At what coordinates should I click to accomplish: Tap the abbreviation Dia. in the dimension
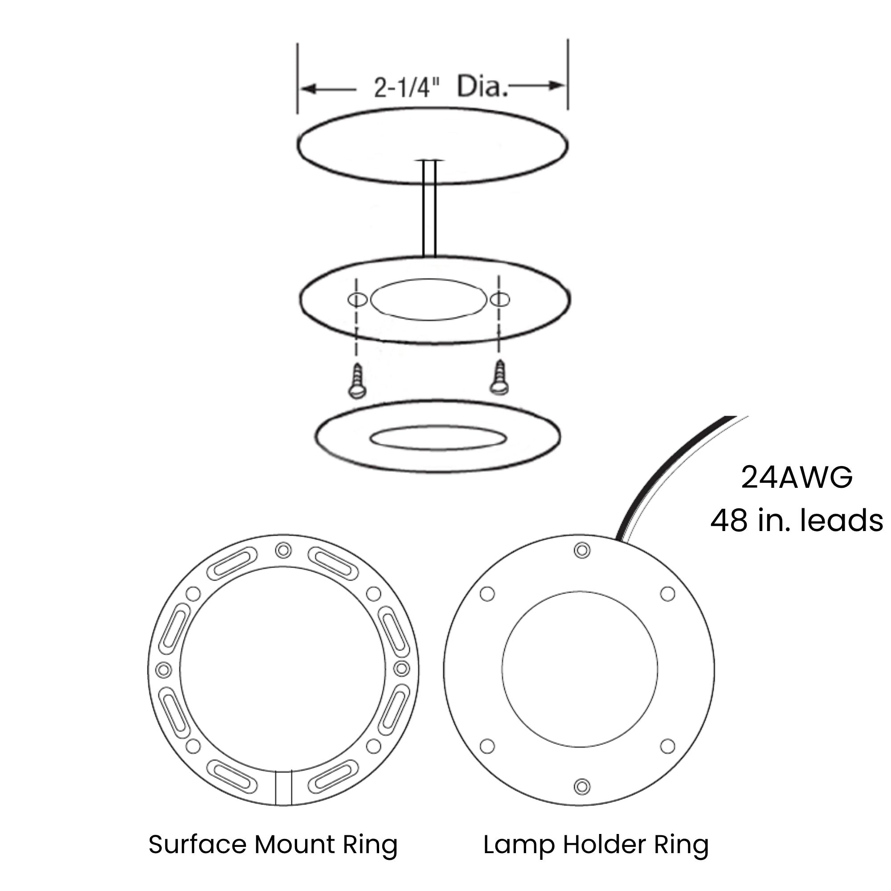coord(482,86)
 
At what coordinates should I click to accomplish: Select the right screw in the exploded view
coord(499,378)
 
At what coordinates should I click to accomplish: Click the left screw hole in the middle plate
coord(357,300)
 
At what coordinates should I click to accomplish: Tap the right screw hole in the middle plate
coord(500,300)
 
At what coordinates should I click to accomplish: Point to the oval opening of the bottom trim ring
coord(438,437)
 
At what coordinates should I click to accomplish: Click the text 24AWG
coord(797,478)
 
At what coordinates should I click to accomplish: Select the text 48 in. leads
coord(797,520)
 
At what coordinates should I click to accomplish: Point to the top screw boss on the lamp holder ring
coord(582,550)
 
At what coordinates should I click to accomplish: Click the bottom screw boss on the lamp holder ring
coord(582,786)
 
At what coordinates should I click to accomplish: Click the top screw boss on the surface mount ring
coord(283,550)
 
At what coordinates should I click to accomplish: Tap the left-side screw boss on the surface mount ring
coord(163,669)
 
